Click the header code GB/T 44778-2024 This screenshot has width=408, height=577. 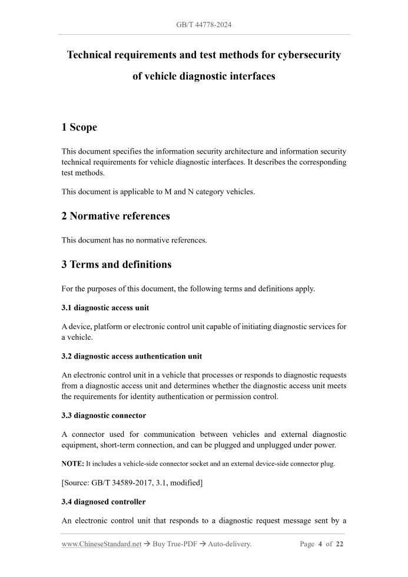tap(204, 25)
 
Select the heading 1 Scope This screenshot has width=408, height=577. tap(79, 127)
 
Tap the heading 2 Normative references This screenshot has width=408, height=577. tap(115, 216)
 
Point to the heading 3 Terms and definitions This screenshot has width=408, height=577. tap(116, 264)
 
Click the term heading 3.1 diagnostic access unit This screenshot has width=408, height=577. tap(105, 308)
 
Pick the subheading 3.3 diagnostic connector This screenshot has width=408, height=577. tap(104, 416)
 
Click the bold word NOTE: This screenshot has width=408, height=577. tap(73, 464)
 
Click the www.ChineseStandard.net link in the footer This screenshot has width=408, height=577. tap(101, 544)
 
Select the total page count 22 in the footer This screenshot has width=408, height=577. tap(339, 544)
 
